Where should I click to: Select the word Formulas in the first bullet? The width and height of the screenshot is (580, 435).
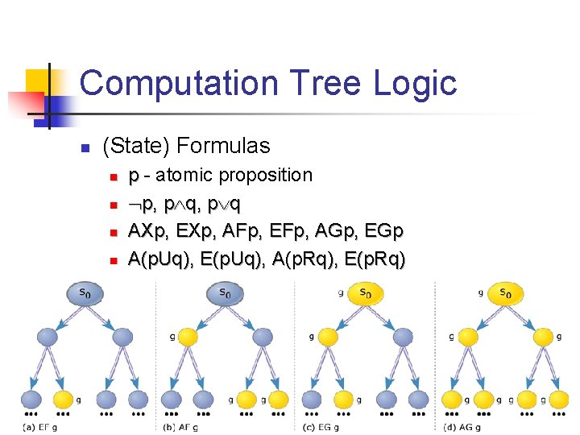tap(224, 146)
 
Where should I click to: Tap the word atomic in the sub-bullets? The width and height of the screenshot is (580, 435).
tap(184, 175)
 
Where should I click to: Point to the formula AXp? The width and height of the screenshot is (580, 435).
tap(148, 231)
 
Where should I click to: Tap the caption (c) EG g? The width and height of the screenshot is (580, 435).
tap(321, 427)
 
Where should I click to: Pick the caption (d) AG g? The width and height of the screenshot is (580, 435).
tap(462, 427)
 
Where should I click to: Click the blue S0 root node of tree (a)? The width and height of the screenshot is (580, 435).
tap(85, 294)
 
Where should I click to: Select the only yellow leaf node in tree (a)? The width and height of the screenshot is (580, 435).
tap(63, 399)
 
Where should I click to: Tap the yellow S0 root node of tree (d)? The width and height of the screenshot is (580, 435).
tap(506, 294)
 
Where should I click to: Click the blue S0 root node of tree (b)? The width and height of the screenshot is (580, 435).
tap(226, 294)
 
